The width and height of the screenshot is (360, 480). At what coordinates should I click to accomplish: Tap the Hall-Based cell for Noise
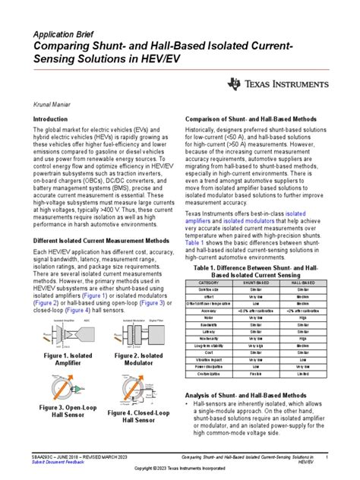[x=303, y=317]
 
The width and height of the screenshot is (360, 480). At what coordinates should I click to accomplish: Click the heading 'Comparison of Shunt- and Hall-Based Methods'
[x=251, y=121]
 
